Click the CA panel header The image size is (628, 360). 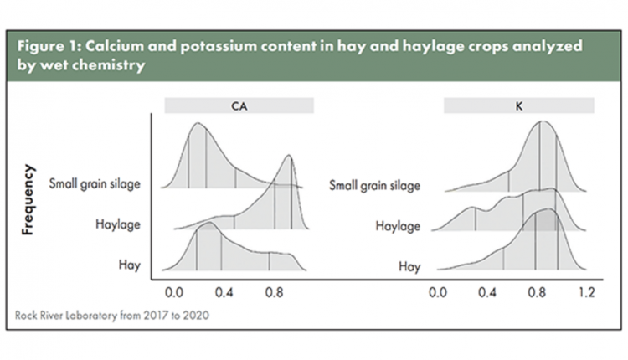tap(239, 105)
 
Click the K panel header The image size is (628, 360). tap(518, 105)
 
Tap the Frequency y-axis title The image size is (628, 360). tap(28, 199)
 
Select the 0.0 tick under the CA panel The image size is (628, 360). tap(174, 292)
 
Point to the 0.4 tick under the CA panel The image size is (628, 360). tap(224, 292)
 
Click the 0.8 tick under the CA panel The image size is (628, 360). tap(274, 292)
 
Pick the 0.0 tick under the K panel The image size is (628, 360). tap(437, 292)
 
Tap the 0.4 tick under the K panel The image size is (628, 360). tap(487, 292)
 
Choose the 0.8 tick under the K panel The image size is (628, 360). tap(537, 292)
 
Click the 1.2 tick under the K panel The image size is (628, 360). tap(586, 292)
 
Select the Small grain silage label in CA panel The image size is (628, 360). tap(95, 184)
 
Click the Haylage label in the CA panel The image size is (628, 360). tap(118, 224)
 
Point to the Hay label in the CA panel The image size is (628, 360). tap(129, 265)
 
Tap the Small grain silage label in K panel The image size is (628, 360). tap(374, 185)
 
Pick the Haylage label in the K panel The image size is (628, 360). tap(398, 226)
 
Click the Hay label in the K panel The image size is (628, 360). tap(409, 266)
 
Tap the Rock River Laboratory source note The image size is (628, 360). tap(111, 315)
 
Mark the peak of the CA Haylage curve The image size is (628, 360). tap(288, 155)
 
